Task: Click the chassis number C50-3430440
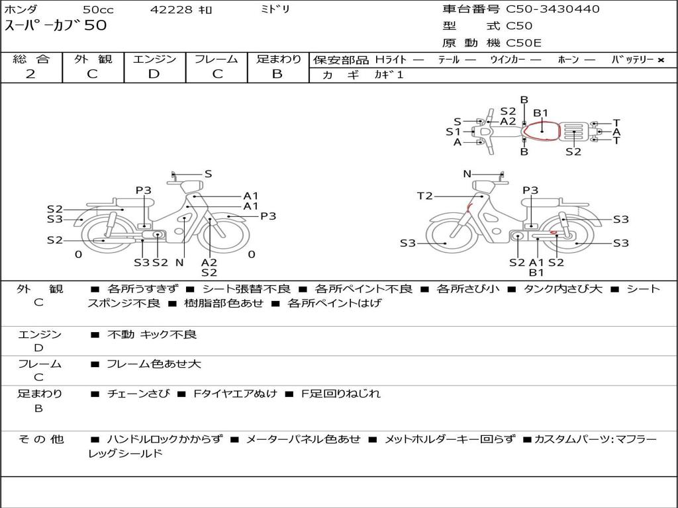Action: (553, 9)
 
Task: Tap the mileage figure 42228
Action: (171, 9)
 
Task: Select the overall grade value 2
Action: (30, 74)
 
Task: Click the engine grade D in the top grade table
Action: (154, 74)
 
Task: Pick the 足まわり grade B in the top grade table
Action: (277, 74)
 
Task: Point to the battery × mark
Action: (661, 60)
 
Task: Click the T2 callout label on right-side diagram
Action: (425, 196)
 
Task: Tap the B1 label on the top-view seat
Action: (540, 113)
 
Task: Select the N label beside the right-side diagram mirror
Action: (467, 174)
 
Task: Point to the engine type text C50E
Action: (524, 43)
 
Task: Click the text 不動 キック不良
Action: (152, 334)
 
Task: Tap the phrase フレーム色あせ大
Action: (154, 364)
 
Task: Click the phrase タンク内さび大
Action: (563, 289)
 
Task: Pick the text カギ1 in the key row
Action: (389, 75)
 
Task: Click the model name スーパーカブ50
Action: (56, 25)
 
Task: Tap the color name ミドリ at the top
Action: (275, 9)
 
